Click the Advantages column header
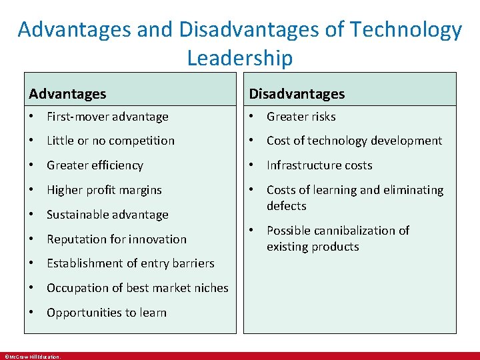[x=67, y=94]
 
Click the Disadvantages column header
[x=297, y=94]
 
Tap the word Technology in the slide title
[x=406, y=30]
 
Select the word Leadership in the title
[x=239, y=58]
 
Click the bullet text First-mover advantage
[x=107, y=117]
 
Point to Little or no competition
[x=110, y=141]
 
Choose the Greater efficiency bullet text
[x=95, y=165]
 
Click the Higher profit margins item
[x=104, y=190]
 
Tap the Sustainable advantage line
[x=107, y=215]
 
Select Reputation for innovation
[x=117, y=239]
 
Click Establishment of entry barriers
[x=131, y=263]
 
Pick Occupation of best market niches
[x=137, y=288]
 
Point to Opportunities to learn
[x=107, y=313]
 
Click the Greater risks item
[x=301, y=117]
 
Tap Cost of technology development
[x=354, y=141]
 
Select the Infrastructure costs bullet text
[x=319, y=165]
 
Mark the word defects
[x=287, y=206]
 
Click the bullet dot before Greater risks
[x=253, y=117]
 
